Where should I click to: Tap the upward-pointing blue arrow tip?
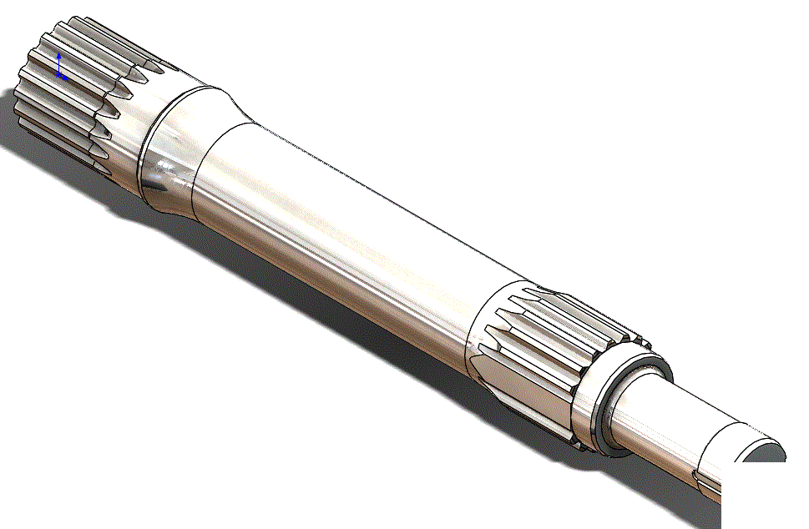59,56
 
